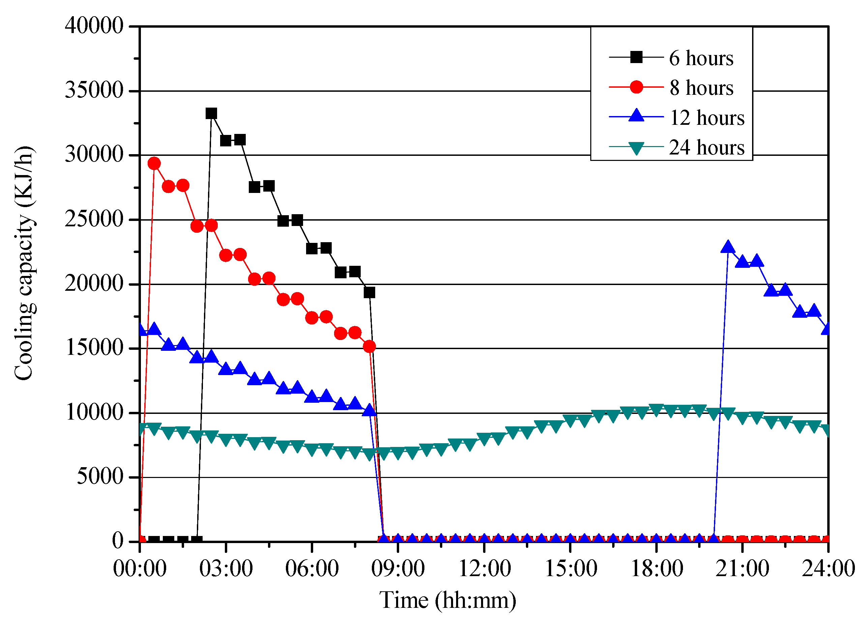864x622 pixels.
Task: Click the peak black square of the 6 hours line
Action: pos(211,113)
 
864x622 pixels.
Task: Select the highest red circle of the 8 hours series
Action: pos(154,164)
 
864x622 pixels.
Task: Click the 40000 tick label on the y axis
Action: pos(94,26)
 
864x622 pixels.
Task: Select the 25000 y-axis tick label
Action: pos(94,219)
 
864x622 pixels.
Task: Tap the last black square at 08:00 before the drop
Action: pos(369,292)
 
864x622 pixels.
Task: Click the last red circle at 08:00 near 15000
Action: pos(369,346)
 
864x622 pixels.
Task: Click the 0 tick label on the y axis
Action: pos(117,541)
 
